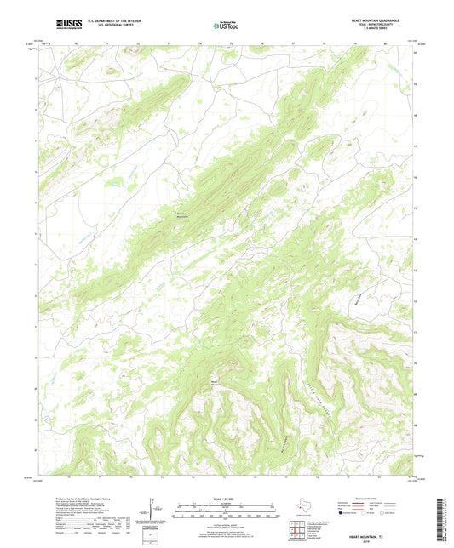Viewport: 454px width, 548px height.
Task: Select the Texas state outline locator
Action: (x=302, y=507)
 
